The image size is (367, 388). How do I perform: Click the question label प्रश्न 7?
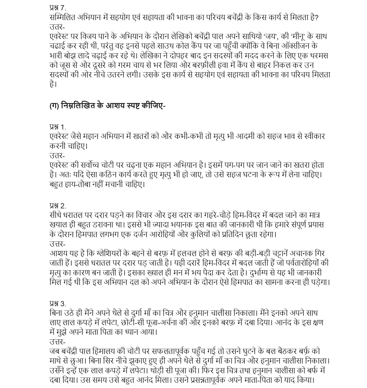(x=58, y=8)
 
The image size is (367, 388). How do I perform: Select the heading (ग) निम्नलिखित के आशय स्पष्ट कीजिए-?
(x=107, y=106)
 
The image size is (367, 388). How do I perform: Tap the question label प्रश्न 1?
(x=58, y=127)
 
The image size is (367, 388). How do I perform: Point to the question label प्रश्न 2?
(x=58, y=206)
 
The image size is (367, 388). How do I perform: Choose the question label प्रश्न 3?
(x=58, y=303)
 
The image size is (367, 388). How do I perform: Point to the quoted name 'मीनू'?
(x=279, y=37)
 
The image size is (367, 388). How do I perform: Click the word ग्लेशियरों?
(x=109, y=254)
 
